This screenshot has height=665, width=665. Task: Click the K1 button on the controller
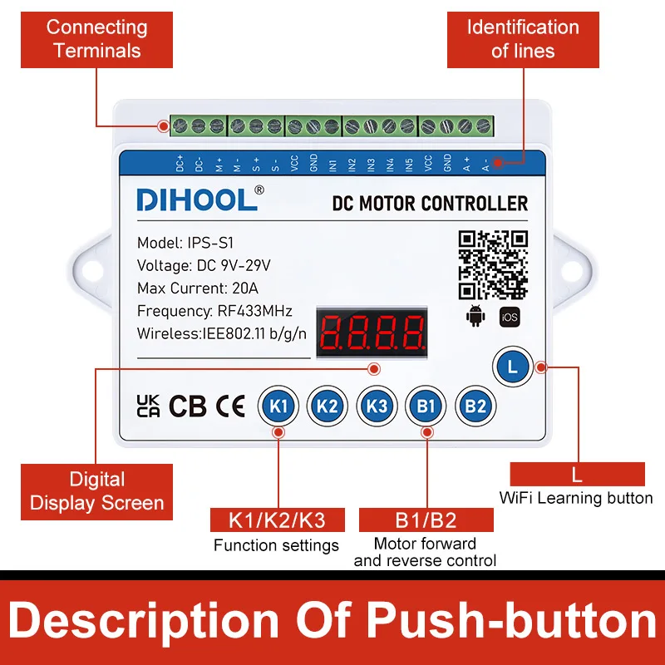[x=278, y=406]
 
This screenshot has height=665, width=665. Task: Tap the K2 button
[x=327, y=406]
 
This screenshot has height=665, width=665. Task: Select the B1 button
[x=426, y=406]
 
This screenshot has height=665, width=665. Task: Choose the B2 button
[x=475, y=406]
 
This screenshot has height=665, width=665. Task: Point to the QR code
[x=493, y=264]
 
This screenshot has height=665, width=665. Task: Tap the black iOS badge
[x=509, y=316]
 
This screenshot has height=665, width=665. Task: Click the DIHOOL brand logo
[x=197, y=200]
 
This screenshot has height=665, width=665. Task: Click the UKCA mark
[x=148, y=406]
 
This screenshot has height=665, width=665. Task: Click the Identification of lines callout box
[x=523, y=39]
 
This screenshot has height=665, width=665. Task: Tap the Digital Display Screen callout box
[x=97, y=491]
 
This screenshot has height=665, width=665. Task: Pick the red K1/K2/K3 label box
[x=277, y=521]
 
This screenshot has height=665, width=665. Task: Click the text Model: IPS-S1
[x=187, y=244]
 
